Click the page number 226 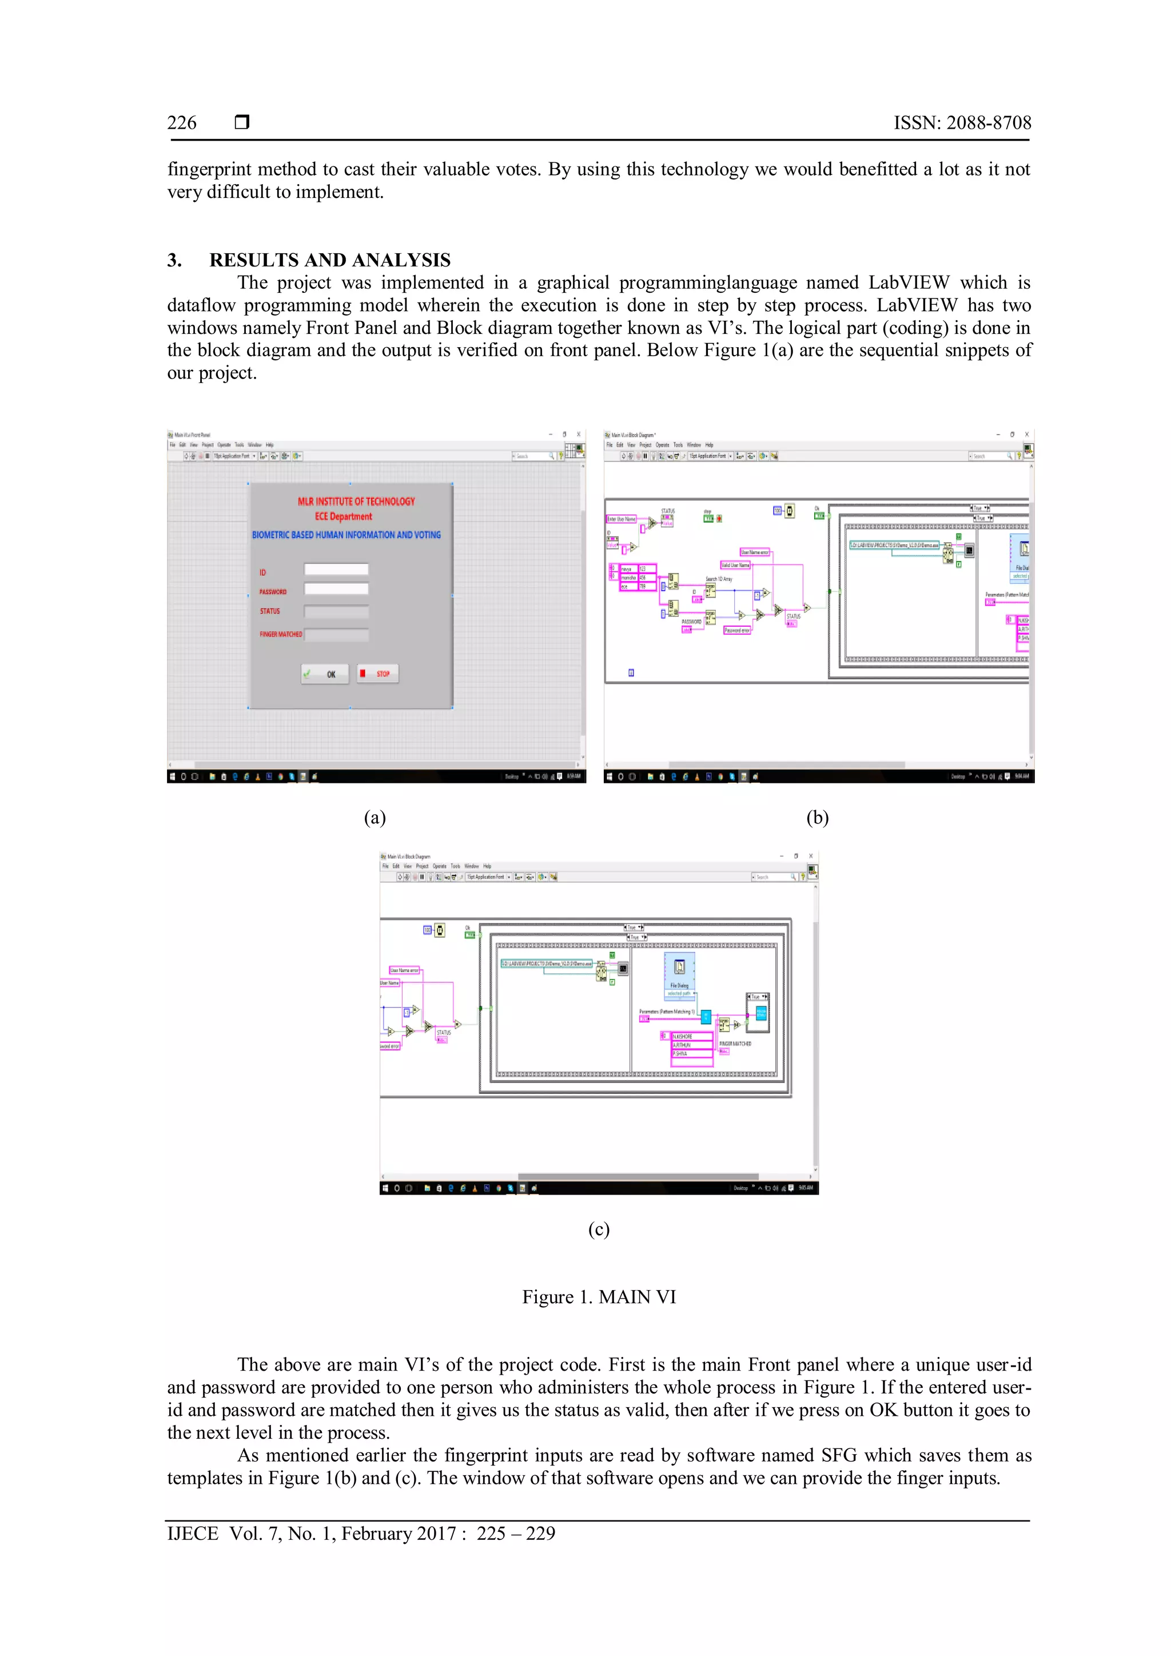click(x=182, y=122)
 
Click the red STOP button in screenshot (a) click(x=378, y=674)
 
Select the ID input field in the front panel click(x=336, y=569)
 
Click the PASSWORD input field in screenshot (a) click(x=336, y=588)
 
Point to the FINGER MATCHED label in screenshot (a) click(x=281, y=634)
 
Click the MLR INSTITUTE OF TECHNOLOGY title click(x=356, y=501)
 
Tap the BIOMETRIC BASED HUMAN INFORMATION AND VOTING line click(x=346, y=535)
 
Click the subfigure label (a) click(x=375, y=817)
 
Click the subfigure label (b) click(x=817, y=817)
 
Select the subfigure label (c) click(x=599, y=1228)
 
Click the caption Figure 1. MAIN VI click(x=599, y=1297)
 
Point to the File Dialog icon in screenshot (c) click(x=679, y=967)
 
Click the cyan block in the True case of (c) click(x=760, y=1013)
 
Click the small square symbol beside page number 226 click(x=242, y=122)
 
